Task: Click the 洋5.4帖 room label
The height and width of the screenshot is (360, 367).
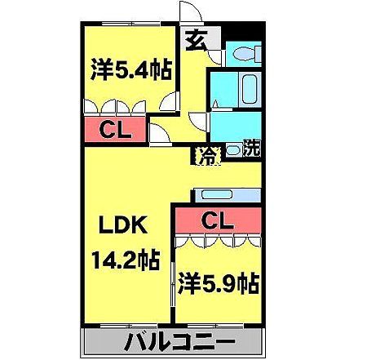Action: (131, 71)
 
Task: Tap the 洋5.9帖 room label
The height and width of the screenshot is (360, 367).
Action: (219, 285)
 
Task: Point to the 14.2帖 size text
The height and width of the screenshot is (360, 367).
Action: (125, 263)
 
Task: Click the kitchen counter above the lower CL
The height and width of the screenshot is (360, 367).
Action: (227, 195)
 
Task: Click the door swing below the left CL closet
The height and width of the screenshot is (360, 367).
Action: (160, 132)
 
